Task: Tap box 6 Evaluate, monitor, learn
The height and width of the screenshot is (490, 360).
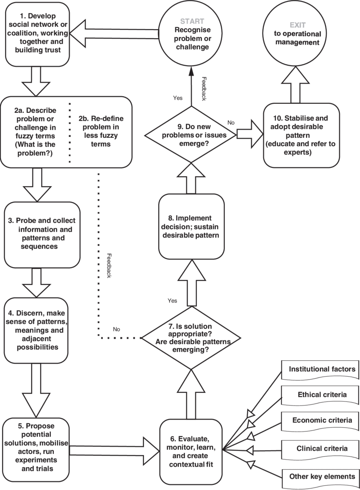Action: pyautogui.click(x=191, y=451)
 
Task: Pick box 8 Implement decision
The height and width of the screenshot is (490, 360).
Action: pyautogui.click(x=191, y=226)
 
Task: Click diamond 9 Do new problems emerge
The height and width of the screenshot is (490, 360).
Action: pyautogui.click(x=191, y=135)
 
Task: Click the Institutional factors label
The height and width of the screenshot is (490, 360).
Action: pyautogui.click(x=321, y=370)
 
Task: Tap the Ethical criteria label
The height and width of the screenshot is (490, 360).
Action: pyautogui.click(x=321, y=395)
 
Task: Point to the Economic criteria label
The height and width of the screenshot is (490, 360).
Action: pyautogui.click(x=321, y=420)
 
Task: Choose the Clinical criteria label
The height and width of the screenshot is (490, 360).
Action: pyautogui.click(x=321, y=448)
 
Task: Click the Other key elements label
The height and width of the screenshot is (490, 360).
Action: pyautogui.click(x=321, y=476)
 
